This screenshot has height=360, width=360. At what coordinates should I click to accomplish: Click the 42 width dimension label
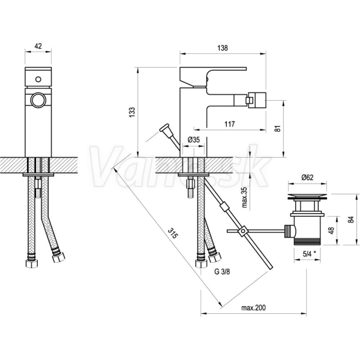[38, 46]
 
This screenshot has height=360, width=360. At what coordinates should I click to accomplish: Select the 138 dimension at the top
[223, 48]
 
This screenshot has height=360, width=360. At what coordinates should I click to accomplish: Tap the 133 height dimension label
[132, 112]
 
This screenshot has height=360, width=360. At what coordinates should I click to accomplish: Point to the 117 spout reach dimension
[230, 124]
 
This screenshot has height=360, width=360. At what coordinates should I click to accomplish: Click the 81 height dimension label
[278, 128]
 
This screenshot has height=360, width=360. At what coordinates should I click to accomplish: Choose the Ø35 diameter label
[194, 139]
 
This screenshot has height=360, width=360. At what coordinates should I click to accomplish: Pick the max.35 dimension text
[245, 197]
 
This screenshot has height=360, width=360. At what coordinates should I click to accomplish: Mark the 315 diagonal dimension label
[173, 233]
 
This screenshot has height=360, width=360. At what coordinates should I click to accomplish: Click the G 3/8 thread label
[222, 272]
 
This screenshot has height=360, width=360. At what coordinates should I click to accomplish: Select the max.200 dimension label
[253, 307]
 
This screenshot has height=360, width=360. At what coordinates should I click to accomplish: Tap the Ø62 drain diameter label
[307, 178]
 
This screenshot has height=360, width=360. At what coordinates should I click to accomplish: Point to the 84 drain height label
[350, 220]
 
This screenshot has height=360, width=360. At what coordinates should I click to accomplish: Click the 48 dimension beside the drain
[331, 230]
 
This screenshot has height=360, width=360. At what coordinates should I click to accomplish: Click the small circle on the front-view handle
[38, 79]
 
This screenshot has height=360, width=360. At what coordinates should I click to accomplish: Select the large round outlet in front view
[38, 100]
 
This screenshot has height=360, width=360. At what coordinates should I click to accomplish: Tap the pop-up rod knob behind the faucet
[164, 128]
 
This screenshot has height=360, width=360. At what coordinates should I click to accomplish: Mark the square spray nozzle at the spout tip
[256, 100]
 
